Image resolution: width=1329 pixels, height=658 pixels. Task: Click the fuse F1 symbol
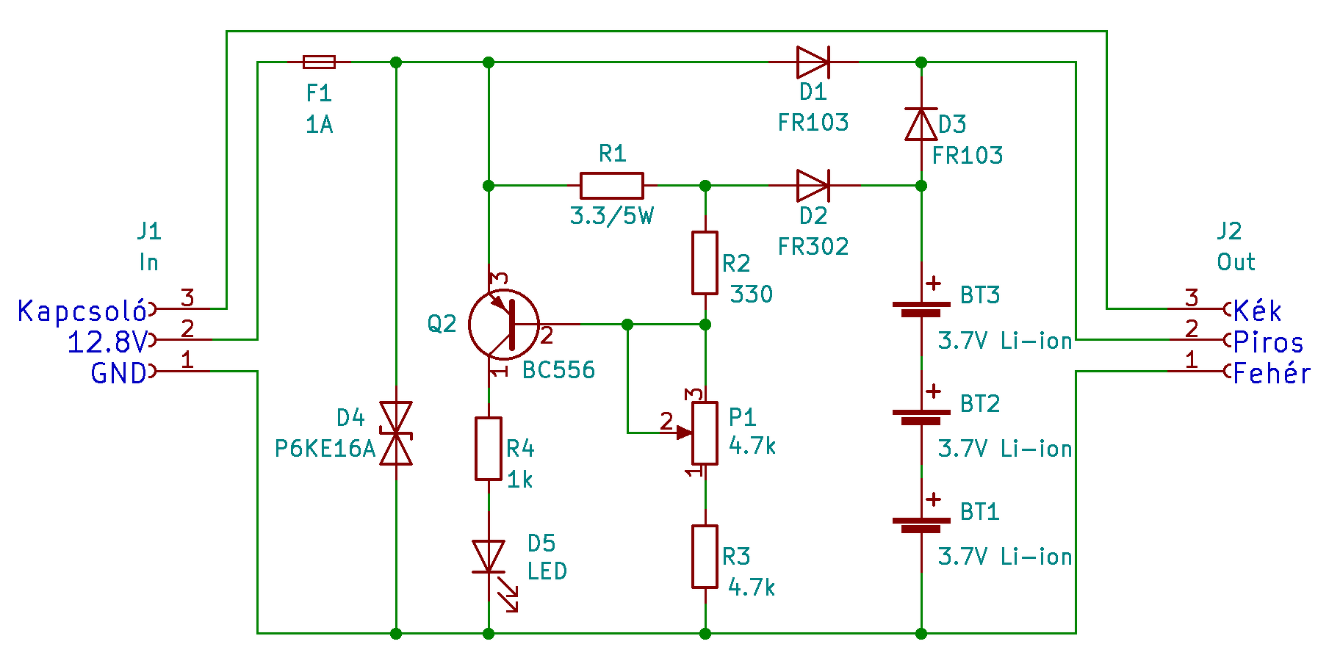[319, 62]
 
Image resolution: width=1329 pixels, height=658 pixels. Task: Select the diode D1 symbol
[813, 62]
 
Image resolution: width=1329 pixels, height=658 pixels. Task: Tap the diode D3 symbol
[921, 123]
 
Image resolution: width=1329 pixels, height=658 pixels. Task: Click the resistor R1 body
[612, 186]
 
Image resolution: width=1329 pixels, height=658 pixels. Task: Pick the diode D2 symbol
[813, 186]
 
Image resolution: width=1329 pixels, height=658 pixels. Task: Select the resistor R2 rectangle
[705, 263]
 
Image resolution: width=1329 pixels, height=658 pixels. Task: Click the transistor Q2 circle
[504, 324]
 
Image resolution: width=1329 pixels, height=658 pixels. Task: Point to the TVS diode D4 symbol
[395, 433]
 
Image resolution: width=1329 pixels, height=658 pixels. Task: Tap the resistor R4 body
[489, 449]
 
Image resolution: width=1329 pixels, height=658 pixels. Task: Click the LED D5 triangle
[489, 556]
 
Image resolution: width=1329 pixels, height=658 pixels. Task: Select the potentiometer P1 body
[705, 433]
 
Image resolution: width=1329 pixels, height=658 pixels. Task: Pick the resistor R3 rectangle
[705, 557]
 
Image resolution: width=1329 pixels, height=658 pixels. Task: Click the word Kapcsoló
[82, 311]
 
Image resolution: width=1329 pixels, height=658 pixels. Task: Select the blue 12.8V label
[107, 342]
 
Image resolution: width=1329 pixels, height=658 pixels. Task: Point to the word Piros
[1269, 342]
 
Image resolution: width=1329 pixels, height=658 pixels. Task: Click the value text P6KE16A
[325, 448]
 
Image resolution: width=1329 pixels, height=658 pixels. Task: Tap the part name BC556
[558, 369]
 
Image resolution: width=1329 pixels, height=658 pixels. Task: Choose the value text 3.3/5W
[612, 216]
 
